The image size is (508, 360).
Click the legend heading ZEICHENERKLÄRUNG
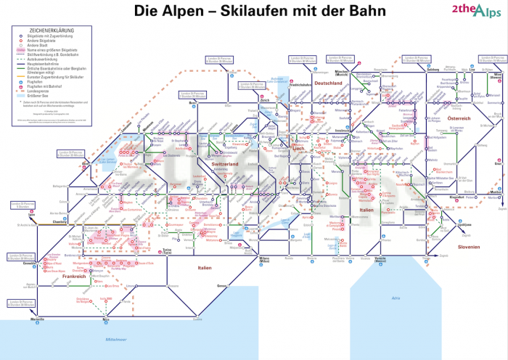click(x=40, y=30)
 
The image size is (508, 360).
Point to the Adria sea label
click(x=395, y=298)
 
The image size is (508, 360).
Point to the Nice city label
click(x=107, y=320)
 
